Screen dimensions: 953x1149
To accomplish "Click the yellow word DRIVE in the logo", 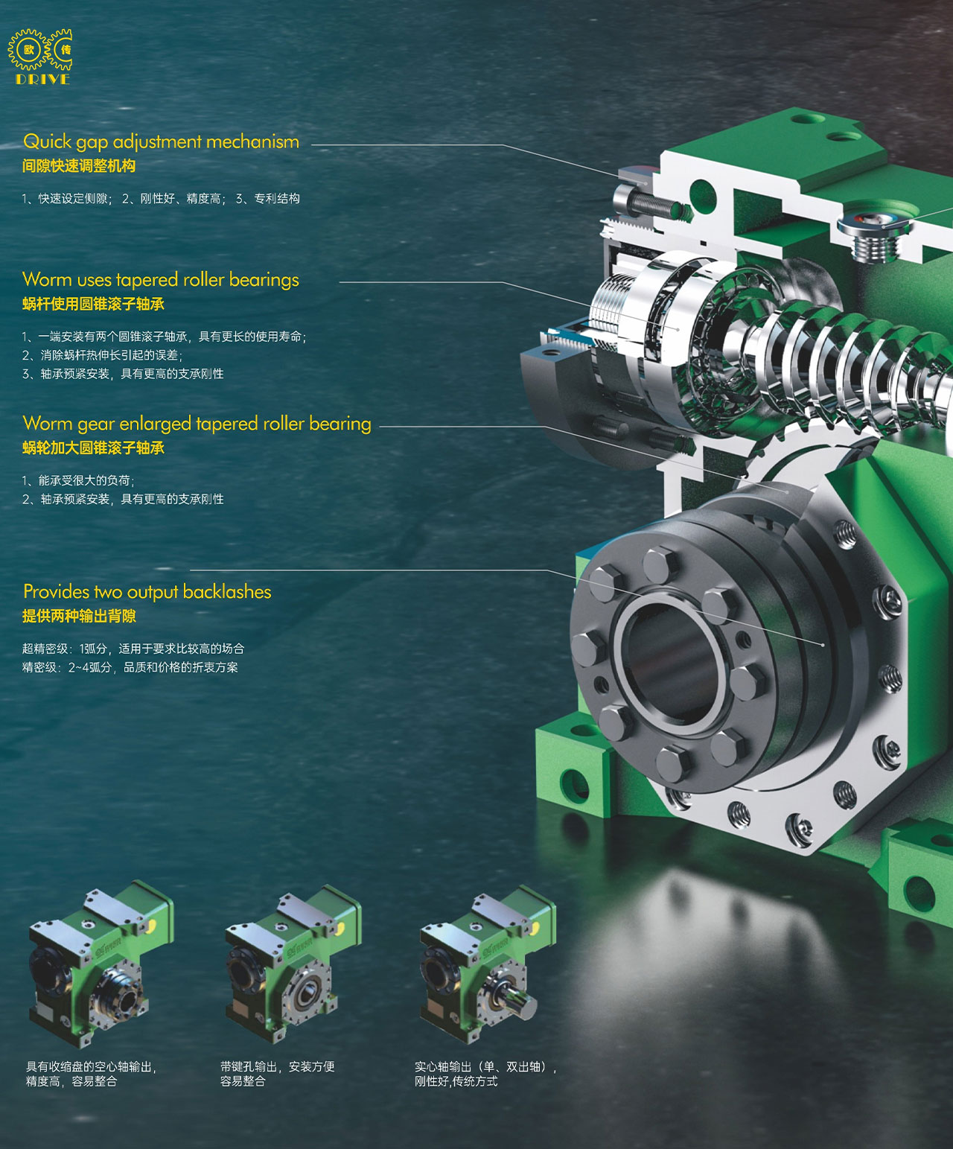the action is tap(43, 79).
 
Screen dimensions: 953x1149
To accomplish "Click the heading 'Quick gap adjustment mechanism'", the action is tap(162, 142).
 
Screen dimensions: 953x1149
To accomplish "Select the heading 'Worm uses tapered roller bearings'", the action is tap(161, 280).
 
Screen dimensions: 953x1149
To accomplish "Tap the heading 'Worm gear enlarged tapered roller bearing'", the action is tap(197, 424).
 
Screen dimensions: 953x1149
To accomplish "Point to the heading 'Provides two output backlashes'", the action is tap(147, 591).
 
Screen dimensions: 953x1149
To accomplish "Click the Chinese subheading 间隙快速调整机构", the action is tap(79, 166).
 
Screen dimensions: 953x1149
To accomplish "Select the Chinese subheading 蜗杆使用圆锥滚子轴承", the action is tap(93, 305).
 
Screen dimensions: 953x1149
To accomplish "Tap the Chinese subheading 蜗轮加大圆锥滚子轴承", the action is tap(93, 448).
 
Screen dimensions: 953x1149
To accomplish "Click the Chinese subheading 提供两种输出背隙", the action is tap(79, 617).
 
